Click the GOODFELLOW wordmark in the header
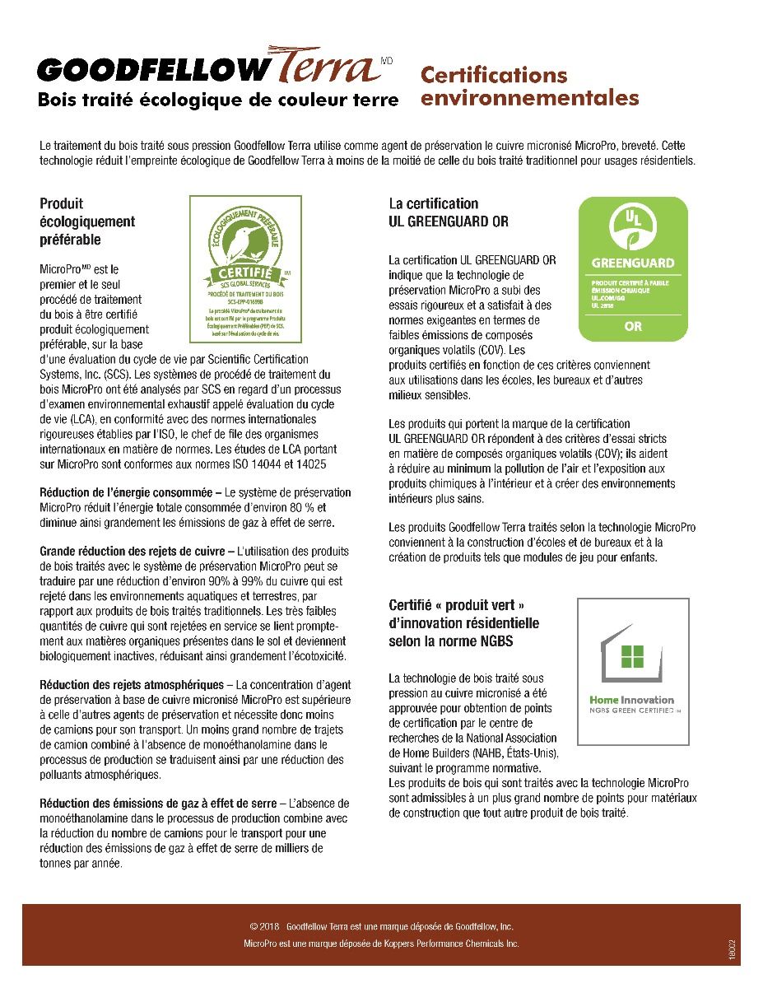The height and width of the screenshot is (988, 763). pos(152,71)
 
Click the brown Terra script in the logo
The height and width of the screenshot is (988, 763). pos(324,68)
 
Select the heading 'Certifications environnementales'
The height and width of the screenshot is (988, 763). pos(529,86)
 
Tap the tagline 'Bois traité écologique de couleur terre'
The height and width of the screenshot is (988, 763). pos(218,101)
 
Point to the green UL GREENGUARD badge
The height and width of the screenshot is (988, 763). pos(633,268)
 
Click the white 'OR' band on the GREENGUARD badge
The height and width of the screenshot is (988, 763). pos(633,326)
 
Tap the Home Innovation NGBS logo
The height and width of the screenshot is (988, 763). pos(632,673)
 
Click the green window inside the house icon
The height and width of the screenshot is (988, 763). pos(634,656)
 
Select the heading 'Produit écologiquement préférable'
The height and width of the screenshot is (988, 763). pos(87,221)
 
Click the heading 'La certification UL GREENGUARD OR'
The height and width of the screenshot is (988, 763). pos(448,212)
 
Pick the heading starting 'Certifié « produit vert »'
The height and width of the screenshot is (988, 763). pos(463,623)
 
